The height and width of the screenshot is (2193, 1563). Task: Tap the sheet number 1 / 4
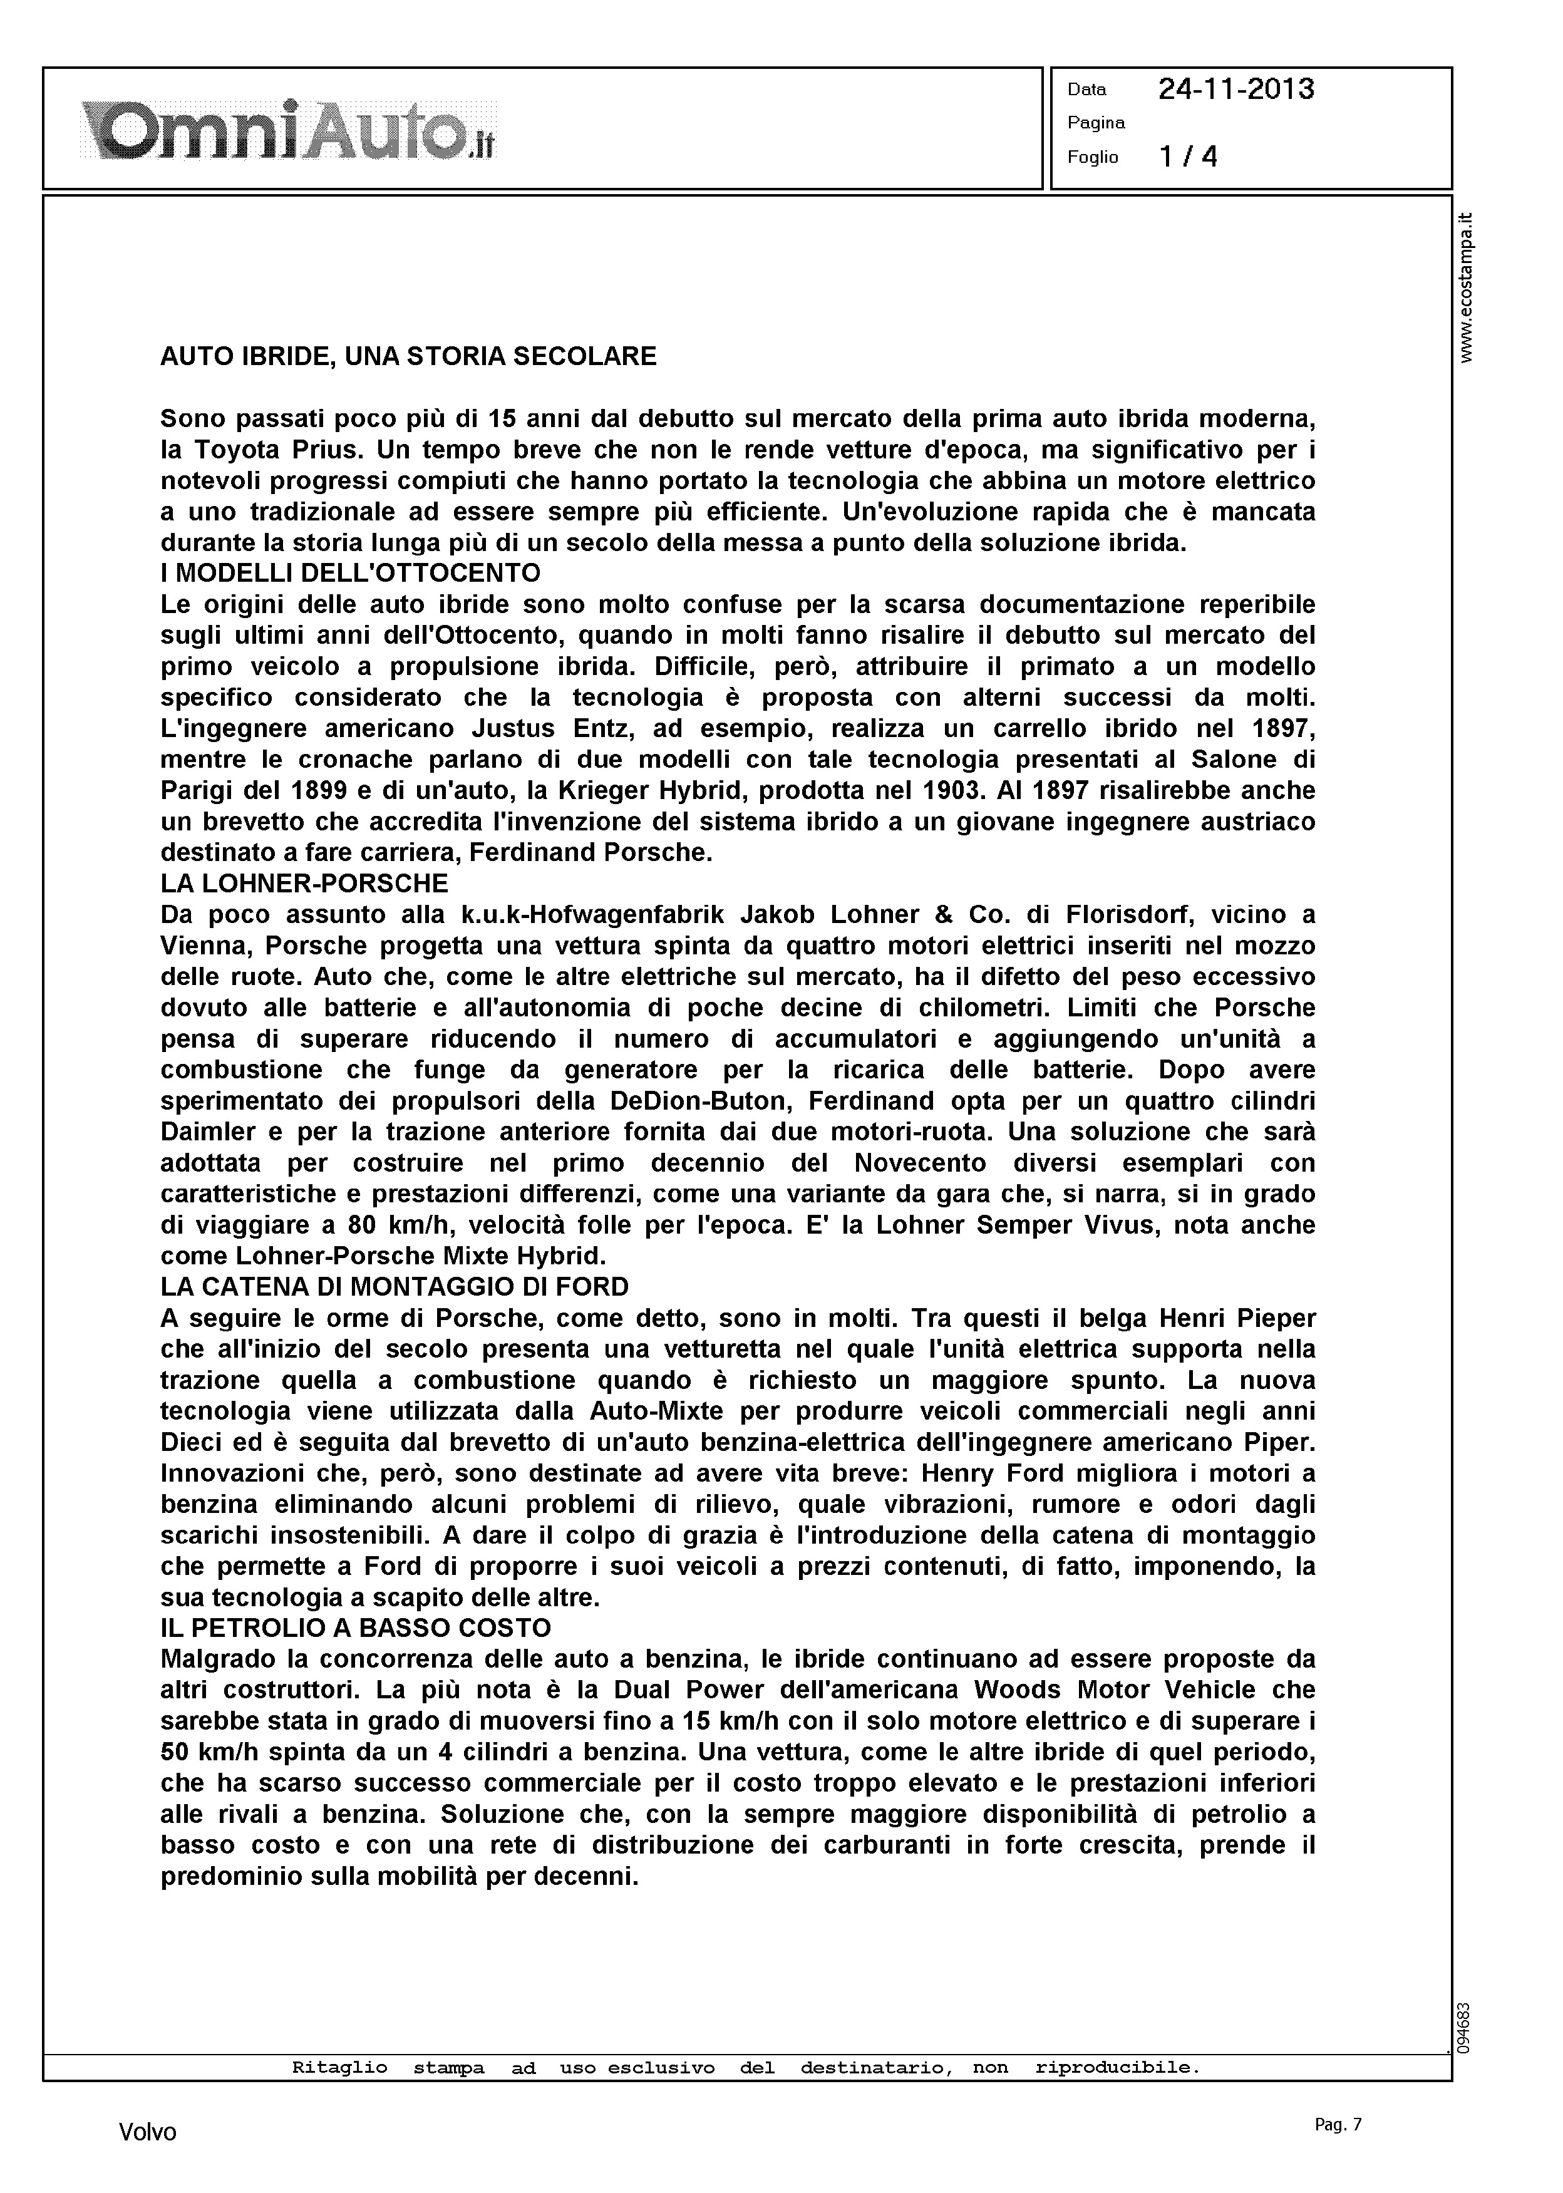[1189, 157]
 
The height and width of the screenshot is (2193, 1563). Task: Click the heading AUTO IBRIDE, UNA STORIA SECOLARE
[408, 357]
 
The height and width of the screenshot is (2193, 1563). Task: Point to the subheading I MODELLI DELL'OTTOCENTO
[350, 574]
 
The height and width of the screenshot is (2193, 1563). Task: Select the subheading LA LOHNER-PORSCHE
[304, 884]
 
